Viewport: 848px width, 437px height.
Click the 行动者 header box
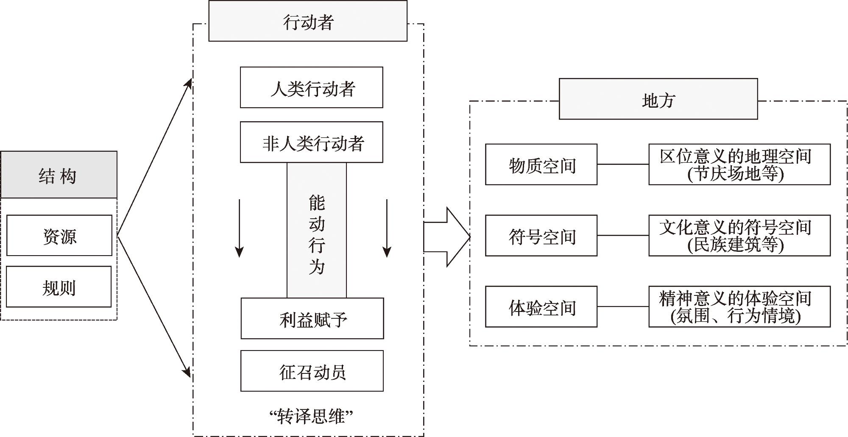click(308, 21)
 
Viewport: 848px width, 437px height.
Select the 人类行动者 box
click(312, 88)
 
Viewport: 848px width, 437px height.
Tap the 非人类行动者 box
click(312, 142)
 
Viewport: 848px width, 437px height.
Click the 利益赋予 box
click(312, 319)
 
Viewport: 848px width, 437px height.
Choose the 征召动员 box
click(312, 371)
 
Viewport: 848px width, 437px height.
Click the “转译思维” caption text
click(312, 416)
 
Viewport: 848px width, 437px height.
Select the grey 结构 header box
click(59, 175)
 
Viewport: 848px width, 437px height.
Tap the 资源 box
click(59, 236)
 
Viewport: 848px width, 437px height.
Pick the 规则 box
click(59, 287)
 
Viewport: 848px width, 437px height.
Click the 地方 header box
click(658, 99)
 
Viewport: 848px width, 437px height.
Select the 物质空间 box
click(541, 164)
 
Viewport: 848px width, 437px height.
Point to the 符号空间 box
click(541, 236)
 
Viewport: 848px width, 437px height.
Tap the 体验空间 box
click(541, 307)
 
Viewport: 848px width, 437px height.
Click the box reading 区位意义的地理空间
click(739, 164)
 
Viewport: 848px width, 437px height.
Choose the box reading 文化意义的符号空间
click(739, 236)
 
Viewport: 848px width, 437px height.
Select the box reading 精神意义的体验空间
click(739, 307)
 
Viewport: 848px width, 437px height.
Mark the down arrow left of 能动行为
click(240, 229)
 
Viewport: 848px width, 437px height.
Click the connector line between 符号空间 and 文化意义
click(623, 236)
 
